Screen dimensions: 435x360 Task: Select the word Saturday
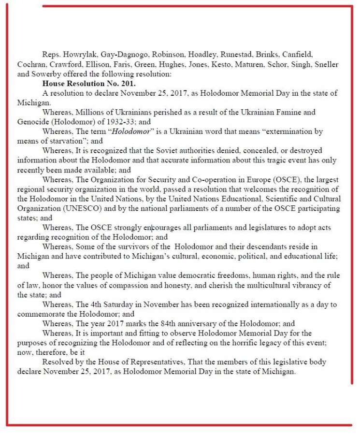pos(129,305)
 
